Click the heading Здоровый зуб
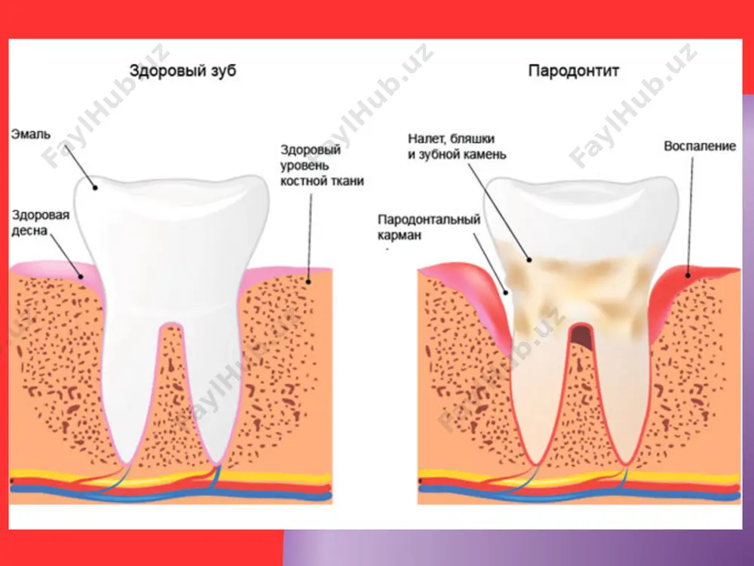182,71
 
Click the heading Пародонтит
573,71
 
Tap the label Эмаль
31,134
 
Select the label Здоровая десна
41,223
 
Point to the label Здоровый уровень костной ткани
322,165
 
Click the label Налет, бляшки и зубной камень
457,146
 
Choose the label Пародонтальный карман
429,227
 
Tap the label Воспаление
700,146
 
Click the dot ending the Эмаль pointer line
95,188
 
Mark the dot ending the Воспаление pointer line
688,275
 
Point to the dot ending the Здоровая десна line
81,276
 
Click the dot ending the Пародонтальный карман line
505,291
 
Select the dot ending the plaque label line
529,260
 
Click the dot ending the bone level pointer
308,281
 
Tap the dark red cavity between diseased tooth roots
581,335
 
